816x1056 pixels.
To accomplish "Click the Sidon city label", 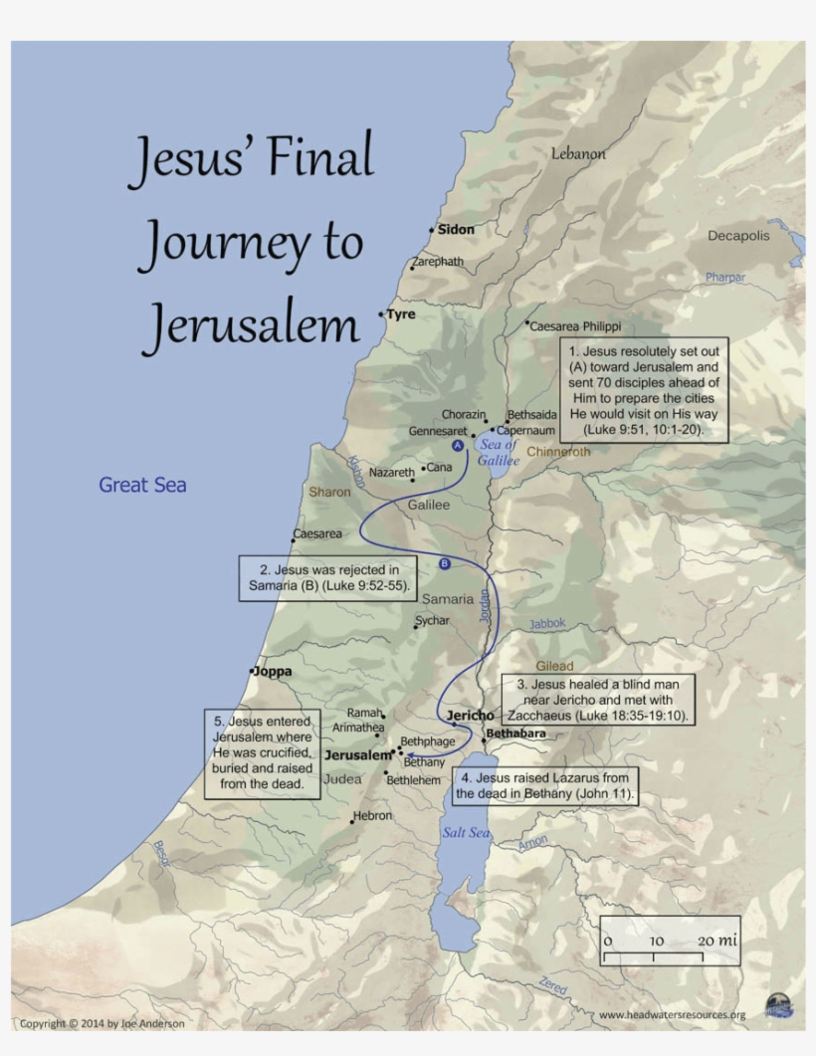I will pyautogui.click(x=456, y=229).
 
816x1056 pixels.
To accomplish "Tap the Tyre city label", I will pyautogui.click(x=401, y=314).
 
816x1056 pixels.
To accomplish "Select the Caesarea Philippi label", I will pyautogui.click(x=576, y=325).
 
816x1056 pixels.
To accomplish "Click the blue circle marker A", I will pyautogui.click(x=458, y=445).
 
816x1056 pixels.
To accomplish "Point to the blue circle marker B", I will pyautogui.click(x=445, y=564).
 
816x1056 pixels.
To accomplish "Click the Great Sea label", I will pyautogui.click(x=142, y=485).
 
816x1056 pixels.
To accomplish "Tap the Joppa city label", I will pyautogui.click(x=273, y=671).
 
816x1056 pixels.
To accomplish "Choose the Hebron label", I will pyautogui.click(x=374, y=816).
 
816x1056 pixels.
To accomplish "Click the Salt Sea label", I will pyautogui.click(x=466, y=832).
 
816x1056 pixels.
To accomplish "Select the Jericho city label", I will pyautogui.click(x=471, y=716).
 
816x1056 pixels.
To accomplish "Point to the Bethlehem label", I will pyautogui.click(x=413, y=780).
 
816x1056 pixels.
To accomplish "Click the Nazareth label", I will pyautogui.click(x=391, y=472).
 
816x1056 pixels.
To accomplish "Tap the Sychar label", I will pyautogui.click(x=433, y=620).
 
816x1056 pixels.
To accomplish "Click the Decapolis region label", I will pyautogui.click(x=738, y=236).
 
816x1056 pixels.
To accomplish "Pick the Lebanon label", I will pyautogui.click(x=578, y=153).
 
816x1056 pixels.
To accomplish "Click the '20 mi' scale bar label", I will pyautogui.click(x=716, y=941).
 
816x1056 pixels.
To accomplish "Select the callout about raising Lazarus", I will pyautogui.click(x=545, y=784).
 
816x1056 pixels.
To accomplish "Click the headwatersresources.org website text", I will pyautogui.click(x=673, y=1015).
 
